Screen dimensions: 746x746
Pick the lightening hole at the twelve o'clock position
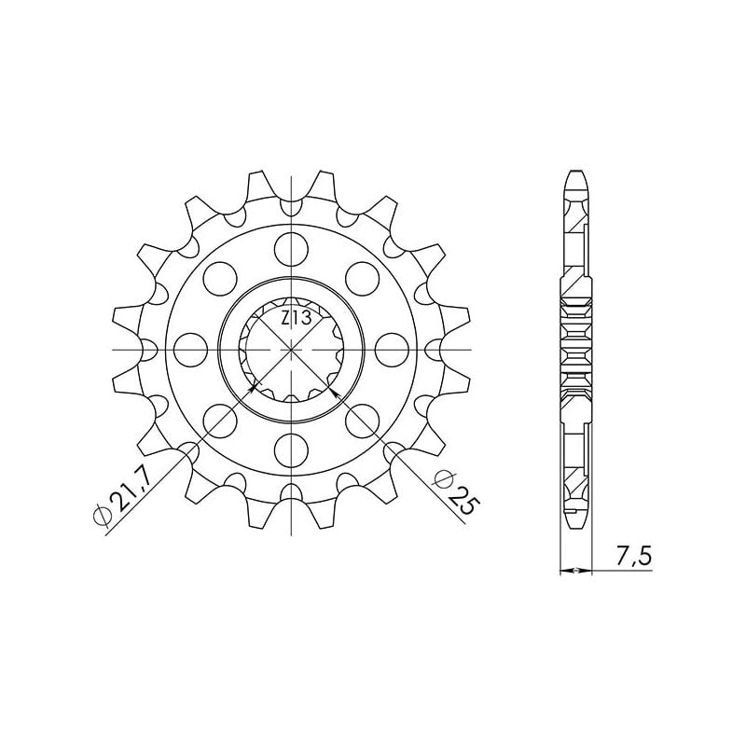tap(292, 248)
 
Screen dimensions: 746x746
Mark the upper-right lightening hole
tap(363, 278)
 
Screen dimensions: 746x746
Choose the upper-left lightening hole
tap(220, 278)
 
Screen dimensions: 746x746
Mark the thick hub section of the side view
tap(576, 350)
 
